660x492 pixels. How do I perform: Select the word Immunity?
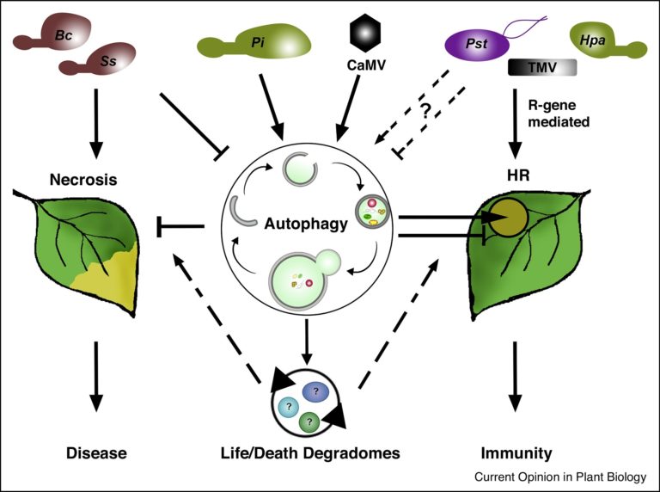point(515,452)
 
